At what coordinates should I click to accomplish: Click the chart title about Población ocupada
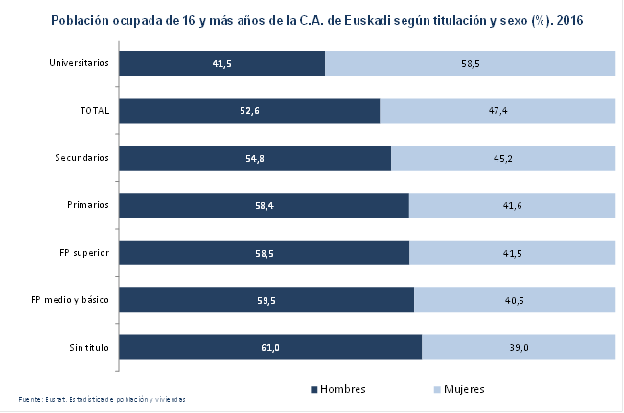[312, 20]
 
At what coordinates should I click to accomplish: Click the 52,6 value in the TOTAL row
[250, 111]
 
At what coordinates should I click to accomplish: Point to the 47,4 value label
[497, 111]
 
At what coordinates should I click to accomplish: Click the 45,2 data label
[503, 158]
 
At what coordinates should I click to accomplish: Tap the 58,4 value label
[263, 205]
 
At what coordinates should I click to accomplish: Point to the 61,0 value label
[269, 347]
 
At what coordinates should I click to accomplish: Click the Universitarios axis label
[80, 63]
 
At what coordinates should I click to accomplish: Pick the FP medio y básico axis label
[70, 300]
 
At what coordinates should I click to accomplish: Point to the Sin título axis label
[86, 347]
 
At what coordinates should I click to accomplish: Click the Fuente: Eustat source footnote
[102, 399]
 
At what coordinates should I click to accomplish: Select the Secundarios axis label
[83, 158]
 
